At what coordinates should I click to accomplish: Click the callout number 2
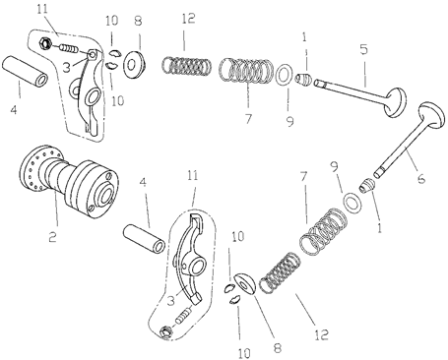pos(54,238)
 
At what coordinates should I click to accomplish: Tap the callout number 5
pos(363,47)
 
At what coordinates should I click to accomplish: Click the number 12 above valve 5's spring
pos(189,20)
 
